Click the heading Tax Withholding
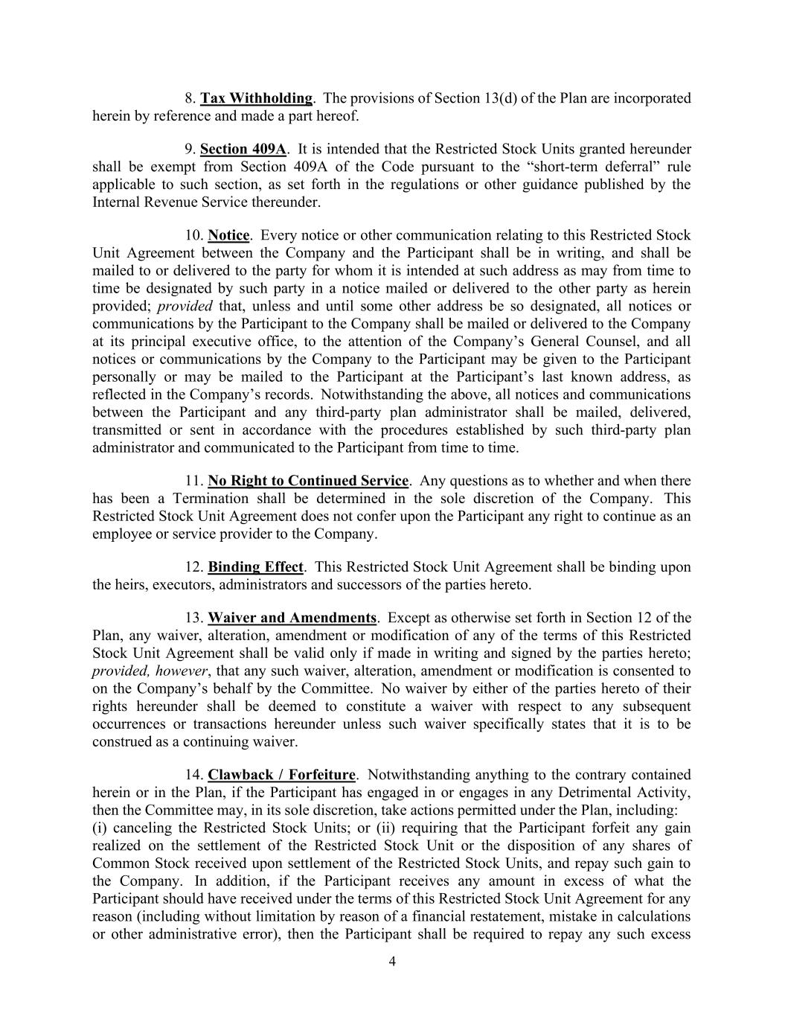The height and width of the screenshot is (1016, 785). pos(256,98)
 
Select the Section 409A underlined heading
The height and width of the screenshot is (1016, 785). pos(243,149)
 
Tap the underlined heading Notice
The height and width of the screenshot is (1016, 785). pos(228,235)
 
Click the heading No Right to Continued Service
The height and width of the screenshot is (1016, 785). pos(308,481)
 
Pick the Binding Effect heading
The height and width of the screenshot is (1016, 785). pos(255,567)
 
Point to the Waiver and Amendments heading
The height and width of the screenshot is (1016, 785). pos(292,618)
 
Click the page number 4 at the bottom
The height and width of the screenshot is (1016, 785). pos(392,961)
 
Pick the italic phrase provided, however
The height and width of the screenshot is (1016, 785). pos(150,671)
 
